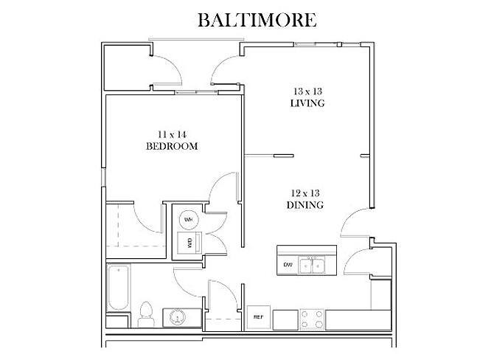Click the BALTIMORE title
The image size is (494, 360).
(x=257, y=20)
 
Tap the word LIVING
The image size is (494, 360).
(x=307, y=103)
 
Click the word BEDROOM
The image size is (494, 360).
(x=172, y=146)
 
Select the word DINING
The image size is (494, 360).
(x=305, y=205)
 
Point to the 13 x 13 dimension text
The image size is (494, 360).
(x=307, y=91)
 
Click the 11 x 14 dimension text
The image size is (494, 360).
(x=172, y=134)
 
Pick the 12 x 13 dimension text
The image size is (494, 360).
(x=305, y=193)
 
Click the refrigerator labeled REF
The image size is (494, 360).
(x=258, y=316)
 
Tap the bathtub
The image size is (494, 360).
(x=119, y=288)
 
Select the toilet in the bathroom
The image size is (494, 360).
(x=146, y=314)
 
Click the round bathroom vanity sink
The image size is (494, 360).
(x=177, y=317)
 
